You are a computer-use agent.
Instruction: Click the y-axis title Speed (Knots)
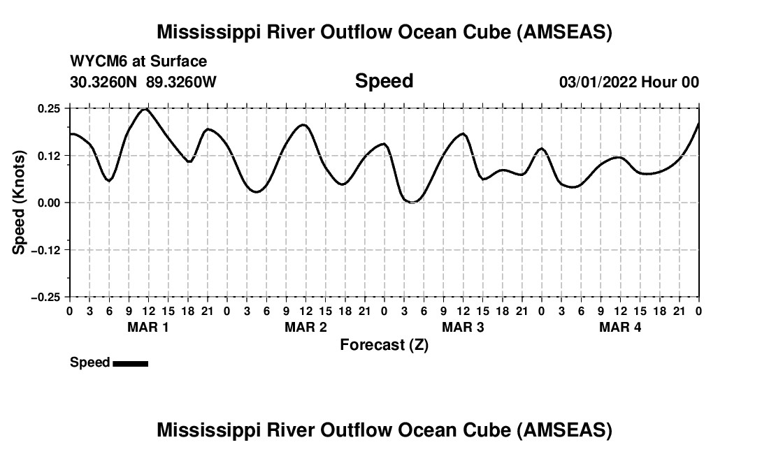20,202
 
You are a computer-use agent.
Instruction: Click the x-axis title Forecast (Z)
384,344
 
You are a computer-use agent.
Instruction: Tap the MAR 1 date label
148,327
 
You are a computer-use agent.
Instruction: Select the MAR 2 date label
306,327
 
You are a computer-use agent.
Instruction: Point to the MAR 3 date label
463,327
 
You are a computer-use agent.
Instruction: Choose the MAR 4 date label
620,327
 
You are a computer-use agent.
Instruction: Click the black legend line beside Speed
130,363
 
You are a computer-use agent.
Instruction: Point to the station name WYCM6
99,61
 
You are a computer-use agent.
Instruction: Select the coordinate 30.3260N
105,82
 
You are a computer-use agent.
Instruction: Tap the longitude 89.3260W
182,82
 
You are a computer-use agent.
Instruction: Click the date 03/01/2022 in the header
597,82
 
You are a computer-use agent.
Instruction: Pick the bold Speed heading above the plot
384,81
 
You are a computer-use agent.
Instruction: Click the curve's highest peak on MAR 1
145,109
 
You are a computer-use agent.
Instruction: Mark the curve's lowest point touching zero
412,202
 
